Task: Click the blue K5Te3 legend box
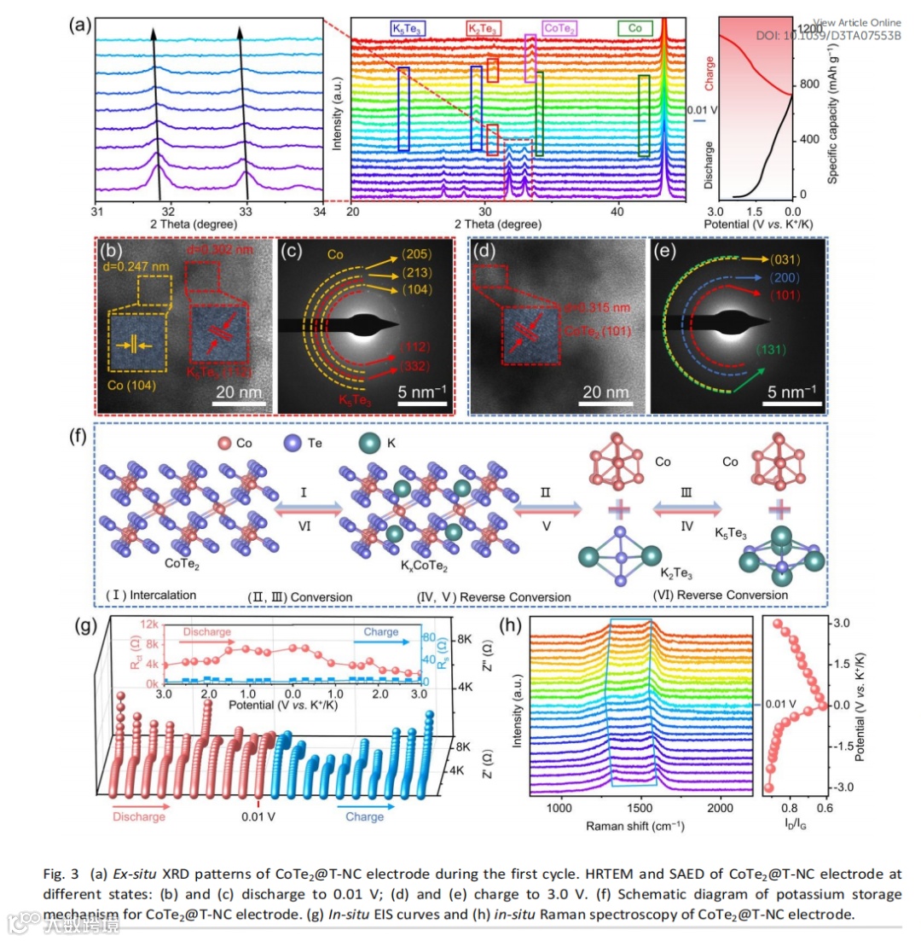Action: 408,28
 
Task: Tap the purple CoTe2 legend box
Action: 559,29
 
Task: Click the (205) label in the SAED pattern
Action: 418,253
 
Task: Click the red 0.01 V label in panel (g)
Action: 258,816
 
